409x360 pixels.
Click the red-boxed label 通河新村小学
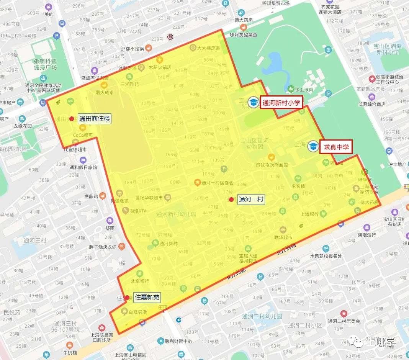[x=281, y=103]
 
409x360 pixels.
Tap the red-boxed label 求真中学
[x=336, y=147]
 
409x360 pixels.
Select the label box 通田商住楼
[x=95, y=119]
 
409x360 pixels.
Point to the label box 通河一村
[x=251, y=200]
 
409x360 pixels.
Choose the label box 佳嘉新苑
[x=147, y=297]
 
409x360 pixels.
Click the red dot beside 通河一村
[x=231, y=200]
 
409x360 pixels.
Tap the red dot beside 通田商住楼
[x=72, y=119]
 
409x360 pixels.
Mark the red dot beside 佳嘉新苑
[x=127, y=297]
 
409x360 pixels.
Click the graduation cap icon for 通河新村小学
[x=253, y=102]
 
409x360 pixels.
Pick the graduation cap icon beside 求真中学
[x=314, y=146]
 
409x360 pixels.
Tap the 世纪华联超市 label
[x=149, y=198]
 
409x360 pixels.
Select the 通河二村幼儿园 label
[x=262, y=316]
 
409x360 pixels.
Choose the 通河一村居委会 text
[x=218, y=183]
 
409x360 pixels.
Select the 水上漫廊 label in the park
[x=304, y=89]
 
